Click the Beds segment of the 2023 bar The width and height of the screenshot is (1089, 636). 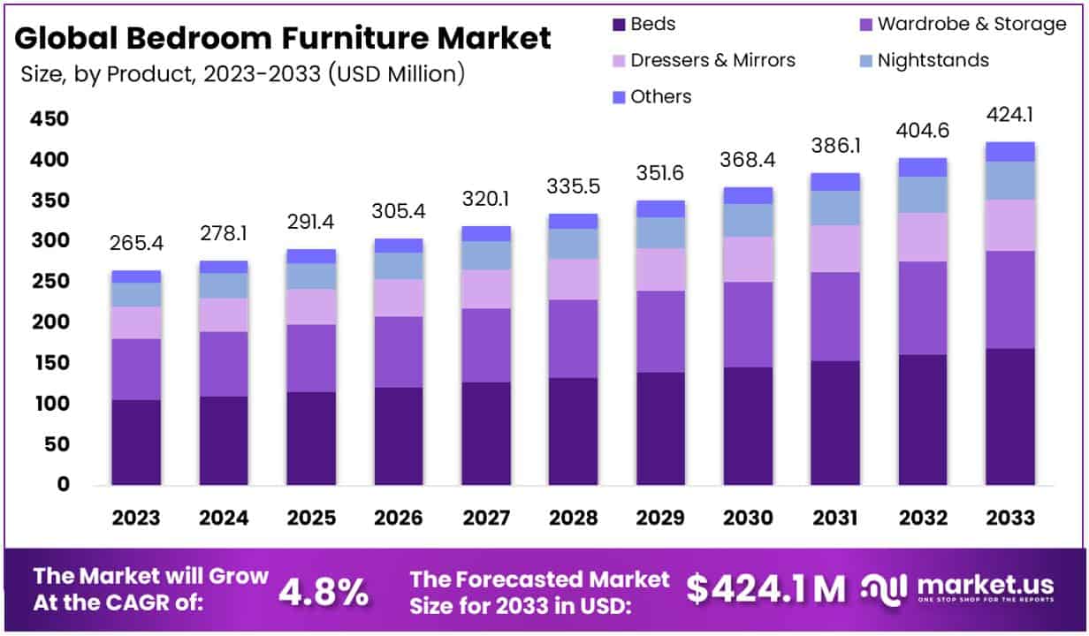[x=136, y=442]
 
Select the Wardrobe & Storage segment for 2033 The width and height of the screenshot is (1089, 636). [x=1010, y=299]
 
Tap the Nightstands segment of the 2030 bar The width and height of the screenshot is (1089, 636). [x=748, y=220]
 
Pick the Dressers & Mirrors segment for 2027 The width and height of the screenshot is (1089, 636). [x=485, y=289]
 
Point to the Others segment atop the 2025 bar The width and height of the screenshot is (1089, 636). [x=311, y=256]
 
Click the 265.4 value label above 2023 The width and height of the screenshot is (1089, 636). [x=136, y=242]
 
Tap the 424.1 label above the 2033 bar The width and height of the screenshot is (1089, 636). [x=1010, y=115]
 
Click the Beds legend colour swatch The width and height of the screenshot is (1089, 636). [x=618, y=25]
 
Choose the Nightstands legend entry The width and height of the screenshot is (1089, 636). [x=933, y=60]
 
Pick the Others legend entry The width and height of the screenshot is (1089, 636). [x=660, y=96]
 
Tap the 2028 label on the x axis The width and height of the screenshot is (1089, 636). [x=573, y=518]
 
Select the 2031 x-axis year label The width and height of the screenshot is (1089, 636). [x=835, y=518]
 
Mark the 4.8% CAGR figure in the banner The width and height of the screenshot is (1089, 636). [x=324, y=591]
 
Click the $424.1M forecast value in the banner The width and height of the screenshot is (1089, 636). [x=765, y=589]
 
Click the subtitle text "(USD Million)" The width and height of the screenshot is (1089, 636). [x=395, y=74]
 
